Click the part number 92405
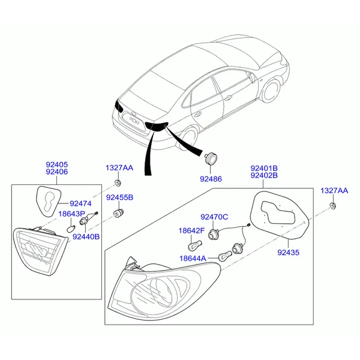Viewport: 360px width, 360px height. [x=57, y=164]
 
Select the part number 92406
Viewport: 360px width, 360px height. [x=57, y=172]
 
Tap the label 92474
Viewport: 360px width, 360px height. [x=80, y=203]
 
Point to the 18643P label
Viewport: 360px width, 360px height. [x=71, y=214]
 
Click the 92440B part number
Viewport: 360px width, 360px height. [x=86, y=236]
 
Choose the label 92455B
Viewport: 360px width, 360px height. [x=119, y=197]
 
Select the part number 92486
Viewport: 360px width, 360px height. [x=211, y=179]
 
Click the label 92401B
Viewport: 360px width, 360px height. [x=264, y=168]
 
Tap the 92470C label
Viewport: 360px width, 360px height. [x=214, y=217]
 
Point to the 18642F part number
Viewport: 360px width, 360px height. [x=191, y=230]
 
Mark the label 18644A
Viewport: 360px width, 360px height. [x=193, y=258]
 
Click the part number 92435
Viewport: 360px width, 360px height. [x=289, y=253]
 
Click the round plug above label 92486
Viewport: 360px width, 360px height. [x=211, y=158]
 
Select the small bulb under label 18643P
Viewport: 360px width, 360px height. [x=70, y=229]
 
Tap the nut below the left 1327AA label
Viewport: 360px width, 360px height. [x=118, y=183]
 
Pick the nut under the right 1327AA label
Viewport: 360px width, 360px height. [x=332, y=206]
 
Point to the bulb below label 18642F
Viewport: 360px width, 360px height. [x=194, y=245]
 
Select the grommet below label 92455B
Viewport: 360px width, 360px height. [x=118, y=214]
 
